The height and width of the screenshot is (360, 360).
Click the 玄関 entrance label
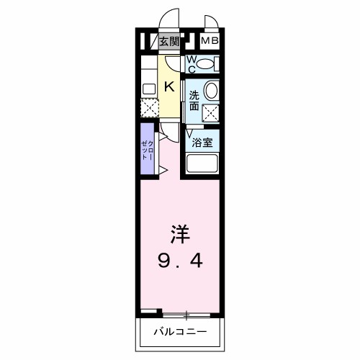169,42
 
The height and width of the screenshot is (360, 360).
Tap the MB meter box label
210,40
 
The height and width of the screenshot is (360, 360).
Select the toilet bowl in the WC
204,64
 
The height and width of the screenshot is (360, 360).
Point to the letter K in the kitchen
169,86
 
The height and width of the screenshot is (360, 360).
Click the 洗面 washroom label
194,101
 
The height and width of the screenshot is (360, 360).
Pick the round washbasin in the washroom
211,90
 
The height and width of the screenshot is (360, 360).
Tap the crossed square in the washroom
210,114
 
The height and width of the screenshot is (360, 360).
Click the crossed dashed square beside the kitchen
150,108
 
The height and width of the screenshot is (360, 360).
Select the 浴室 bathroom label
202,143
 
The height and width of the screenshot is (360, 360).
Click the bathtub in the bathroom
202,163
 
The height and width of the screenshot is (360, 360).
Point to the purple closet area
147,149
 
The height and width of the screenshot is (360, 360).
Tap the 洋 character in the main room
180,234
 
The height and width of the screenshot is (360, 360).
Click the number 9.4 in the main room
180,261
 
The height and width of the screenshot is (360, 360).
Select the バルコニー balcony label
180,332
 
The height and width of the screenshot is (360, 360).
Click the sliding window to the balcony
186,315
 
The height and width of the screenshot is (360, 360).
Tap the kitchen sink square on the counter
149,89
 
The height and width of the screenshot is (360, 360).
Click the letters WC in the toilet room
192,64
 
